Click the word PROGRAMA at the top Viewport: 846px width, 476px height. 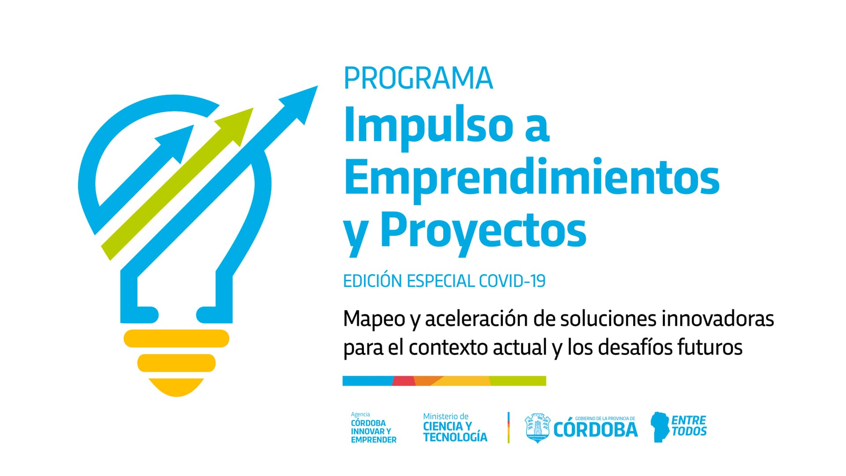point(418,78)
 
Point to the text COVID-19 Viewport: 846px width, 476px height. point(512,281)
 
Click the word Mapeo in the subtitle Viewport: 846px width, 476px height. point(374,319)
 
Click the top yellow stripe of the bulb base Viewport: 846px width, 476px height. point(176,338)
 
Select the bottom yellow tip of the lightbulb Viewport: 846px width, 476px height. point(176,388)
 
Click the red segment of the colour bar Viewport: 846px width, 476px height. point(404,381)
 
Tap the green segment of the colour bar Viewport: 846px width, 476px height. point(518,381)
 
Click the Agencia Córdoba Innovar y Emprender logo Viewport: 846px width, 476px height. point(373,428)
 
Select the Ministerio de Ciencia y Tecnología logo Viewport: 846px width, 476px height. point(455,428)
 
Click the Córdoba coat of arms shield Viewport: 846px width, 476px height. point(538,428)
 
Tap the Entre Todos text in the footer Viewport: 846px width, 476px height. point(689,426)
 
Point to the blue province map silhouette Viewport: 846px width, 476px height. point(660,427)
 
